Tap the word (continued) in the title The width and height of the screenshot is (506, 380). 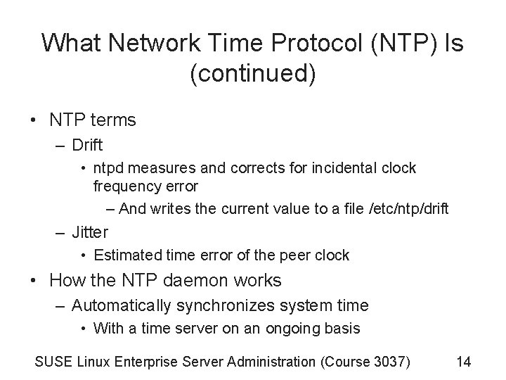coord(252,74)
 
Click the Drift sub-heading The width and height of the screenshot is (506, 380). coord(87,146)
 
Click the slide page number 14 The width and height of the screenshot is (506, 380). coord(463,362)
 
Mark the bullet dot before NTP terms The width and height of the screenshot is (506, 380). coord(34,120)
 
